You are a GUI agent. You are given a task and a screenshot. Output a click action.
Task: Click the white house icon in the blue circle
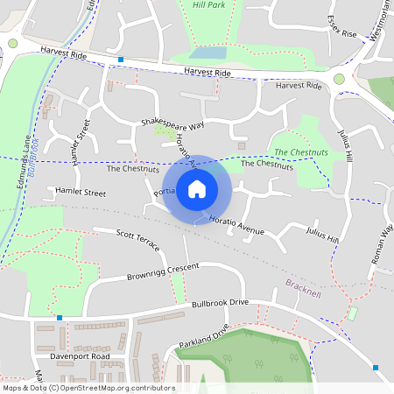pyautogui.click(x=197, y=188)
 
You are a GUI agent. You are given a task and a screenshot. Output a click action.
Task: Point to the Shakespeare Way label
pyautogui.click(x=172, y=124)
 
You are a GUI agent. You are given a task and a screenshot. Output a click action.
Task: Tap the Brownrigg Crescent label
pyautogui.click(x=162, y=270)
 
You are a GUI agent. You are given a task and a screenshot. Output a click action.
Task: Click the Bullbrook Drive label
pyautogui.click(x=221, y=303)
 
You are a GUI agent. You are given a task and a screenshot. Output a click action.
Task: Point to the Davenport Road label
pyautogui.click(x=81, y=357)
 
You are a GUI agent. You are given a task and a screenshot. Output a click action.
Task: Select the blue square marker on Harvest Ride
pyautogui.click(x=120, y=60)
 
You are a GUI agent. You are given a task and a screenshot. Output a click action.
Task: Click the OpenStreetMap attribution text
pyautogui.click(x=88, y=388)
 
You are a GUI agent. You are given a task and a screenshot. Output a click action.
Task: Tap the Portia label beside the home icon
pyautogui.click(x=165, y=193)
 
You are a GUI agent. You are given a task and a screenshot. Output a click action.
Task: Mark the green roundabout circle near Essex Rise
pyautogui.click(x=339, y=80)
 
